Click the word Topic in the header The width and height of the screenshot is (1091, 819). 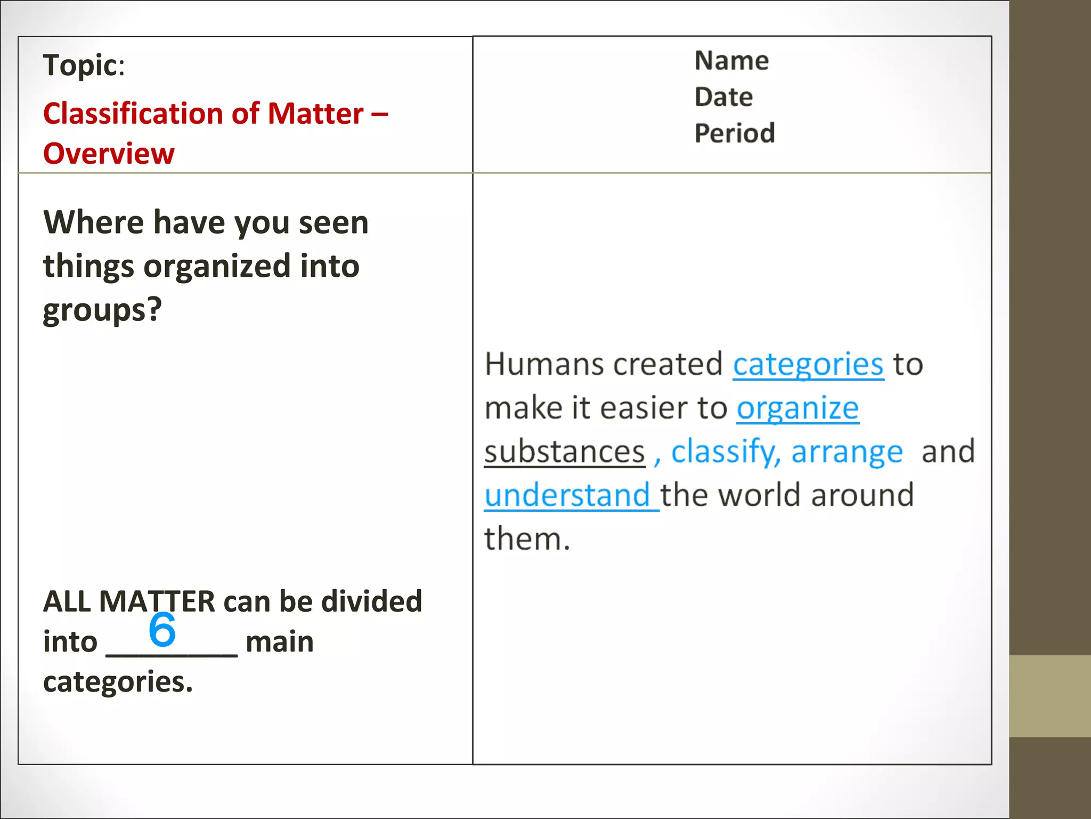(x=80, y=66)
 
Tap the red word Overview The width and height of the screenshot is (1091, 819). (x=109, y=154)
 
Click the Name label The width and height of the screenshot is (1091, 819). (x=731, y=61)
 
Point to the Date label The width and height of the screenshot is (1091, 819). (x=723, y=97)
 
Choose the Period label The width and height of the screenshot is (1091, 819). (x=735, y=133)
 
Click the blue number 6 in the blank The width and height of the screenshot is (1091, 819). (x=162, y=629)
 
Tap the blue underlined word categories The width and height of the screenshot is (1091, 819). (x=808, y=365)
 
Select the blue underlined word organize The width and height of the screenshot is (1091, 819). (x=797, y=409)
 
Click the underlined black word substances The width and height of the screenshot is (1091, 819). (x=564, y=452)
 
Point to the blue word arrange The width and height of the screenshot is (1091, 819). (x=847, y=452)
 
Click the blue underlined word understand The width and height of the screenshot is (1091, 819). (x=567, y=495)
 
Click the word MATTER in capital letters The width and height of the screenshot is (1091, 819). (x=157, y=601)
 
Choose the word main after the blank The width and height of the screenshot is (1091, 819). (x=280, y=641)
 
